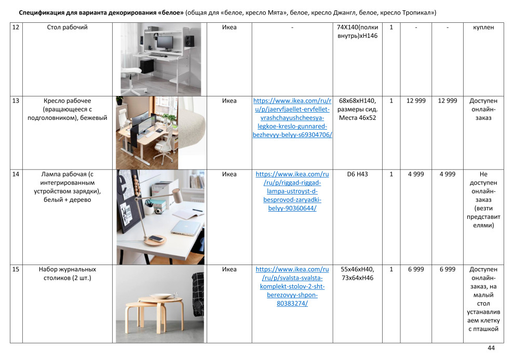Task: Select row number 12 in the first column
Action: tap(16, 27)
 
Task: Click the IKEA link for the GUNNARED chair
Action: tap(292, 118)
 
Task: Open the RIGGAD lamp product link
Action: tap(292, 191)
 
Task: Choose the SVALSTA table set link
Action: tap(292, 286)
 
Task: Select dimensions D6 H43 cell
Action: tap(357, 174)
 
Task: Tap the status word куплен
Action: tap(483, 27)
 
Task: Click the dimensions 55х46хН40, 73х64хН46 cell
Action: tap(357, 274)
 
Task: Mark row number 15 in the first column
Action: tap(16, 270)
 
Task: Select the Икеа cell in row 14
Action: tap(229, 174)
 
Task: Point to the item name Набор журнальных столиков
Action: tap(67, 274)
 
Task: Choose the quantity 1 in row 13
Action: tap(391, 101)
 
